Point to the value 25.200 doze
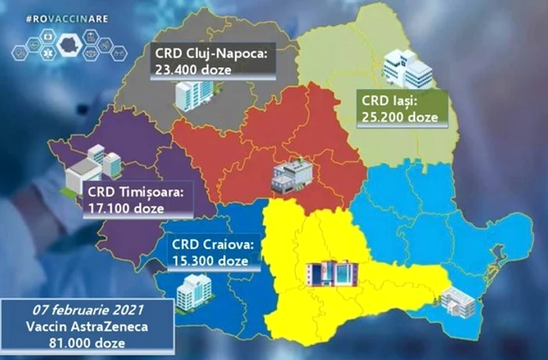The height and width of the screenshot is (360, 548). [x=399, y=117]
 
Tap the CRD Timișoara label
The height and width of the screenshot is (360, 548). [x=134, y=191]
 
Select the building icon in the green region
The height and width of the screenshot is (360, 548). [x=407, y=68]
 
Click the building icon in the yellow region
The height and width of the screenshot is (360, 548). [x=332, y=272]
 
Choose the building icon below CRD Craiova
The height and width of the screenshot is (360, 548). [x=193, y=290]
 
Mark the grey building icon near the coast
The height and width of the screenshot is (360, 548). [x=457, y=302]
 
